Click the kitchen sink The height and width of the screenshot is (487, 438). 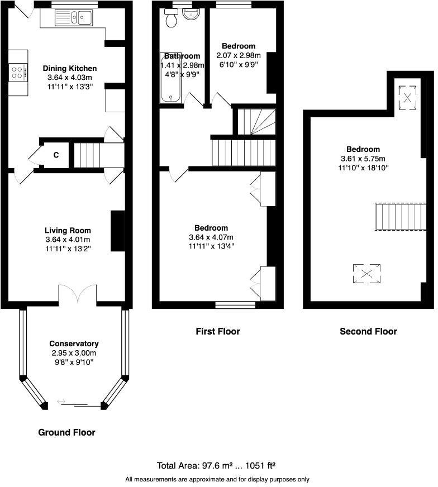click(74, 18)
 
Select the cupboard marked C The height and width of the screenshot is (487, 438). click(56, 155)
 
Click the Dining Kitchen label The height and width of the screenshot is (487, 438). click(70, 69)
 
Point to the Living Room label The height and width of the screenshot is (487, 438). click(68, 230)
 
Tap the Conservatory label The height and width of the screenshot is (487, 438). click(74, 343)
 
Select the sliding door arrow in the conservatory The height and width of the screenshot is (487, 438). click(61, 401)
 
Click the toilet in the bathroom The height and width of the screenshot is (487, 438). click(171, 19)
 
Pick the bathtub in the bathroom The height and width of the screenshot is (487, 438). click(171, 78)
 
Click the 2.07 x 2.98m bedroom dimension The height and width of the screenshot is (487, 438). click(239, 55)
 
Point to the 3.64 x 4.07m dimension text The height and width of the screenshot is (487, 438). click(211, 237)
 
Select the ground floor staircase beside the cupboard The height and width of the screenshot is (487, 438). click(86, 154)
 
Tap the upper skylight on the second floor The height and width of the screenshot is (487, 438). click(408, 97)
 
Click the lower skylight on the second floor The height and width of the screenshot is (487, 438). click(366, 274)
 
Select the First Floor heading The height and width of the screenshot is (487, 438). click(217, 331)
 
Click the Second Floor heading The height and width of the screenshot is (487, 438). click(368, 331)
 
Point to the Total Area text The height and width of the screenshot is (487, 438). click(217, 465)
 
